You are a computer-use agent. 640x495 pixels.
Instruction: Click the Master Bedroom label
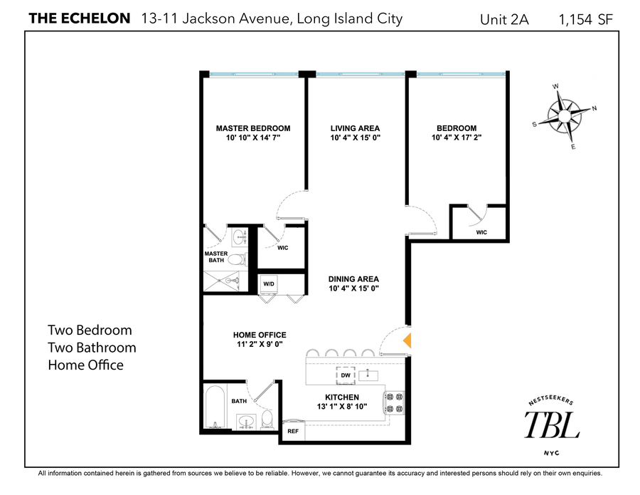tap(253, 128)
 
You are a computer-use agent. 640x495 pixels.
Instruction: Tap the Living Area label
tap(356, 128)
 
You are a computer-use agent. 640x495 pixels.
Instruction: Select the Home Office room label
tap(260, 335)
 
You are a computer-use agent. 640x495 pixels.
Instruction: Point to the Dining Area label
tap(353, 279)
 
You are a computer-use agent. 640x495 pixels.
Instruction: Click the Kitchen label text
tap(343, 397)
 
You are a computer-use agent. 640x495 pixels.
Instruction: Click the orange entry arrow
tap(407, 340)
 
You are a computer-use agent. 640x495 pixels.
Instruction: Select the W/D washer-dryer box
tap(269, 284)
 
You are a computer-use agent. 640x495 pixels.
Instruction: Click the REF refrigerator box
tap(292, 431)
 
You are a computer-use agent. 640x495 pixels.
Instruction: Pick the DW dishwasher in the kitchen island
tap(345, 374)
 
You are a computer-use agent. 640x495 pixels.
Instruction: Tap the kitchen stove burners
tap(394, 402)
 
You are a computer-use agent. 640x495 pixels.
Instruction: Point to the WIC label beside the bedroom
tap(481, 232)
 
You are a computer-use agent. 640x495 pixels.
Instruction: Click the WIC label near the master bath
tap(282, 248)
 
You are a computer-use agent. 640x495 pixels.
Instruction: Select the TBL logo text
tap(552, 425)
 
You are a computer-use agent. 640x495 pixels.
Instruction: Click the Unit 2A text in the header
tap(505, 20)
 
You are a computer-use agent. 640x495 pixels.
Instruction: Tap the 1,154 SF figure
tap(586, 20)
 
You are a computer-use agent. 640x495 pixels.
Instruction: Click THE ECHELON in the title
tap(79, 19)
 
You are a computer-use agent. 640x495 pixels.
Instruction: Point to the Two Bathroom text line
tap(92, 348)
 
